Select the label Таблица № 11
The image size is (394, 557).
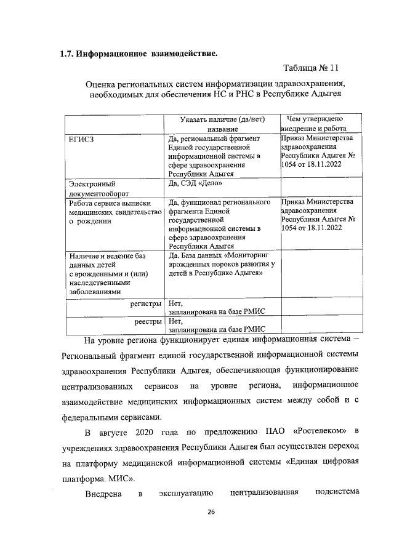click(310, 67)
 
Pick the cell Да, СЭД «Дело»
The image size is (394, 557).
click(196, 183)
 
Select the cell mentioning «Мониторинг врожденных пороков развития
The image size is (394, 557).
click(222, 263)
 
